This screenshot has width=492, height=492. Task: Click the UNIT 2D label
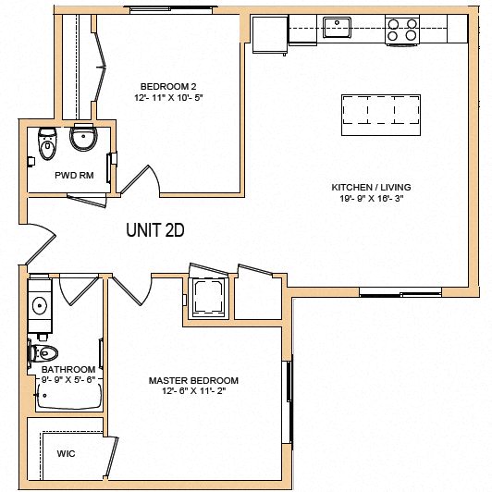(x=155, y=231)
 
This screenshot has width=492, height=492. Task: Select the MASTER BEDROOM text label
(x=193, y=380)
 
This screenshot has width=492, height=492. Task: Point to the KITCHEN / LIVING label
(x=371, y=188)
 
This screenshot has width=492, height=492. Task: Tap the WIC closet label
(x=66, y=454)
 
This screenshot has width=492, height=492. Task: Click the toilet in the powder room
(x=46, y=143)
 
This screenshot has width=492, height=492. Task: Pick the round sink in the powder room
(x=84, y=141)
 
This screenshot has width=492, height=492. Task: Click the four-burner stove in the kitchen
(x=402, y=30)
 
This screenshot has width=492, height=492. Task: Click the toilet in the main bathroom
(x=45, y=352)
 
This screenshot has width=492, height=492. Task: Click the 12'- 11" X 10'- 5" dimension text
(x=168, y=97)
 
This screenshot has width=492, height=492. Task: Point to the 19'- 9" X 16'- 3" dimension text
(x=371, y=198)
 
